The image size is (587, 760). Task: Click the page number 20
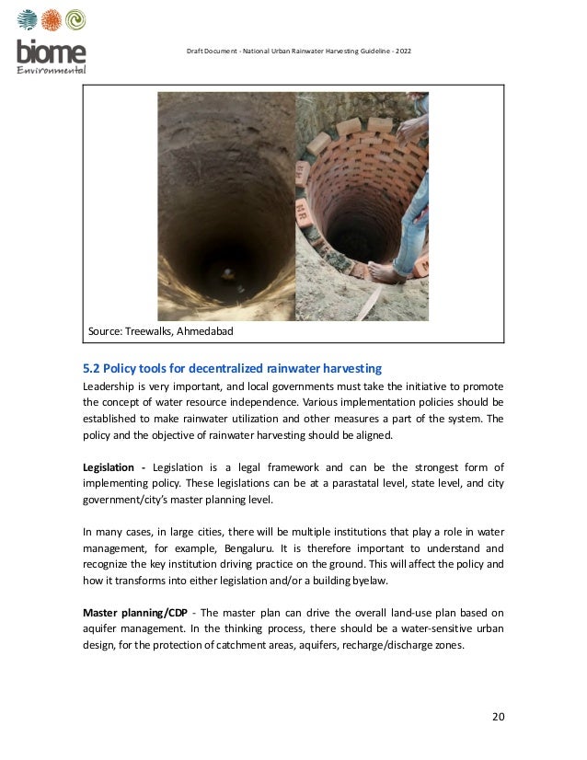(497, 717)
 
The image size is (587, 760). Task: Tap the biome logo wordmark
(51, 52)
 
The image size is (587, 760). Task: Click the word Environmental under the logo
(52, 70)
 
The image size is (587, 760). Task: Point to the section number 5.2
(93, 368)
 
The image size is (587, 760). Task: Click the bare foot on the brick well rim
(387, 273)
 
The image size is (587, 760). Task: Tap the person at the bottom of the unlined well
(227, 272)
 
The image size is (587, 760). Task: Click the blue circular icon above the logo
(27, 20)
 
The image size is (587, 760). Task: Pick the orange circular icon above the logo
(52, 20)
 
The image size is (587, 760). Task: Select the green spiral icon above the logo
(75, 20)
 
